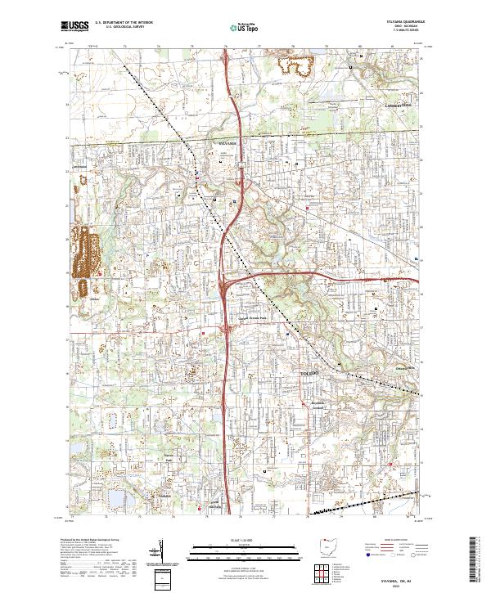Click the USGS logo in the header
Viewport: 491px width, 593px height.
pyautogui.click(x=74, y=26)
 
